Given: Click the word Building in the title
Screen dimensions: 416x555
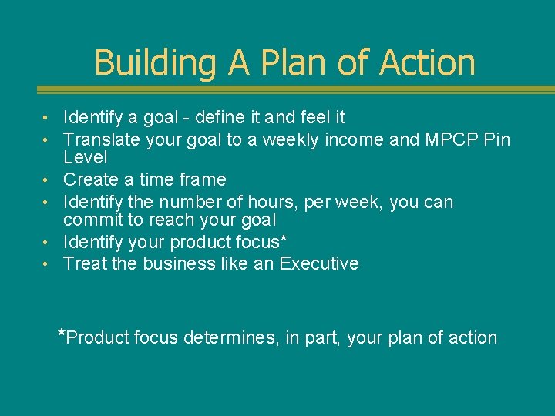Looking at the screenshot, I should (155, 63).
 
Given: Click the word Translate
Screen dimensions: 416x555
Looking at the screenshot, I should (100, 139).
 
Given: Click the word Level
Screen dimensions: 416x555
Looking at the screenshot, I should (85, 157).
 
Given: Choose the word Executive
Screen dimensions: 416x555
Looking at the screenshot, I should (319, 263).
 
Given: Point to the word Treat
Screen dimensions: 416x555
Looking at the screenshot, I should (83, 263).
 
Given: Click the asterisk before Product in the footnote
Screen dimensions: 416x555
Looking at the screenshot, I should (62, 334).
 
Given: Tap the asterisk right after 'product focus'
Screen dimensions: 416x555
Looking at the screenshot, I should (284, 239).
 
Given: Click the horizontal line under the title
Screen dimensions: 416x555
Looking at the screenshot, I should (277, 90).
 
